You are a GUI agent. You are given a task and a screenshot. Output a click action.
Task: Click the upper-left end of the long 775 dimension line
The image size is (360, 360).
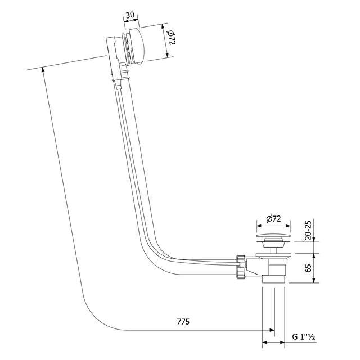tap(43, 70)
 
